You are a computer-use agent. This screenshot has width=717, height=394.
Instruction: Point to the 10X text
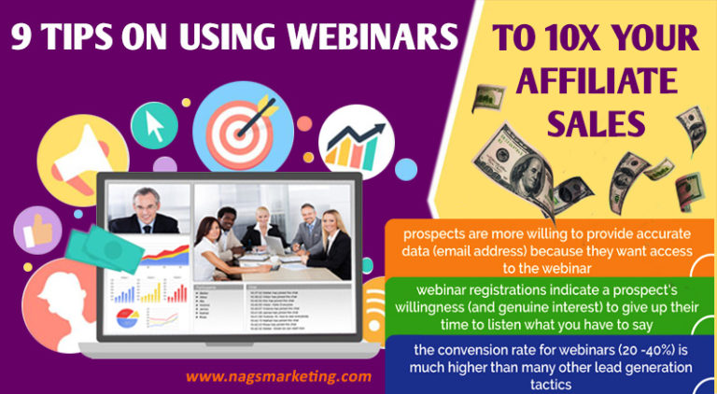pos(575,39)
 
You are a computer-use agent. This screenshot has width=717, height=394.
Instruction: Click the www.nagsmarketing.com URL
pos(278,376)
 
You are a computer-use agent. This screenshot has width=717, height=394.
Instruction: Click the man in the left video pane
pos(144,210)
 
